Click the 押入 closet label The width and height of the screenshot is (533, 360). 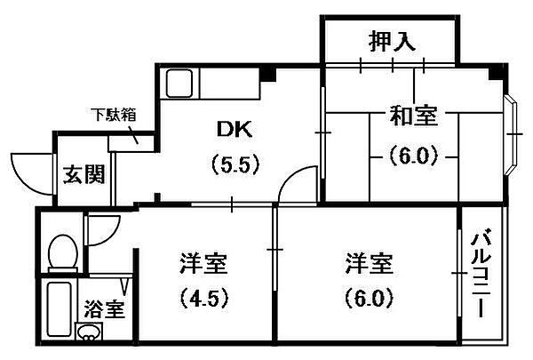(393, 41)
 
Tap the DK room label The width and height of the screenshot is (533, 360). (235, 129)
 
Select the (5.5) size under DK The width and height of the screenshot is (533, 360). (235, 165)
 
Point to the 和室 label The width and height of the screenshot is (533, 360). (413, 116)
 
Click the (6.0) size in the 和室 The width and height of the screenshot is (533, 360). (413, 156)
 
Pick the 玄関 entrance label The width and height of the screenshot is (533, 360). (84, 174)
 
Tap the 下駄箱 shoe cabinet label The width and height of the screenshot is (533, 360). (114, 115)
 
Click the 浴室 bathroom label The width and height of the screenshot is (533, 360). (104, 308)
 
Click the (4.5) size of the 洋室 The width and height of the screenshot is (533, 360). (204, 298)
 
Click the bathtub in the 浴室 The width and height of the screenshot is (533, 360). (60, 309)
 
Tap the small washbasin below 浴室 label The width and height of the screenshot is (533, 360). (89, 331)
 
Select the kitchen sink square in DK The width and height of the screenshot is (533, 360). (179, 84)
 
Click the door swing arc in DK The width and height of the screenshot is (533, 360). (289, 177)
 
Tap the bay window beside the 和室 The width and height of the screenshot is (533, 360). (511, 134)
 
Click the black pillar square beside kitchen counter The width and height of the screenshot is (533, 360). (268, 74)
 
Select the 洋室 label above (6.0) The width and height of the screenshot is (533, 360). (370, 264)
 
